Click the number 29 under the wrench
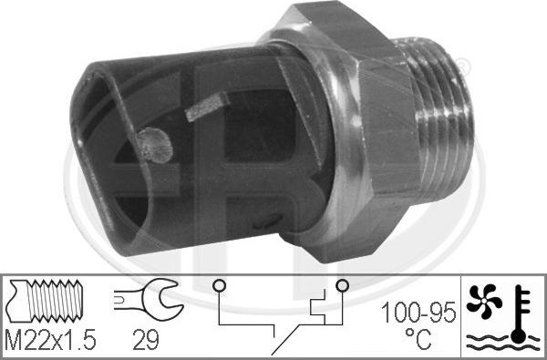point(145,341)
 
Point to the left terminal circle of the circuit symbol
point(219,287)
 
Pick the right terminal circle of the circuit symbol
point(341,287)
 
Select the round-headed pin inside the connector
point(152,143)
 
